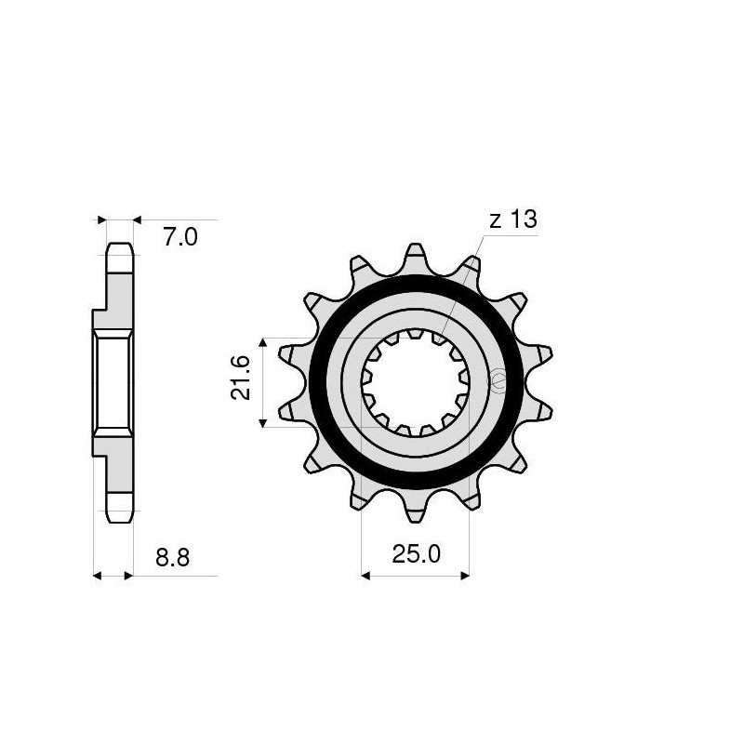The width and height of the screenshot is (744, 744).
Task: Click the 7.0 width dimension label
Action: pos(180,238)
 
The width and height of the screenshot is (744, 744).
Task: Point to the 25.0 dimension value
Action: pos(416,556)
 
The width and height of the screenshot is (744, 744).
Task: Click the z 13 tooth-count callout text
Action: pos(511,219)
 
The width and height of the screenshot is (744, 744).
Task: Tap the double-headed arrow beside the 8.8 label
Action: pos(113,576)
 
